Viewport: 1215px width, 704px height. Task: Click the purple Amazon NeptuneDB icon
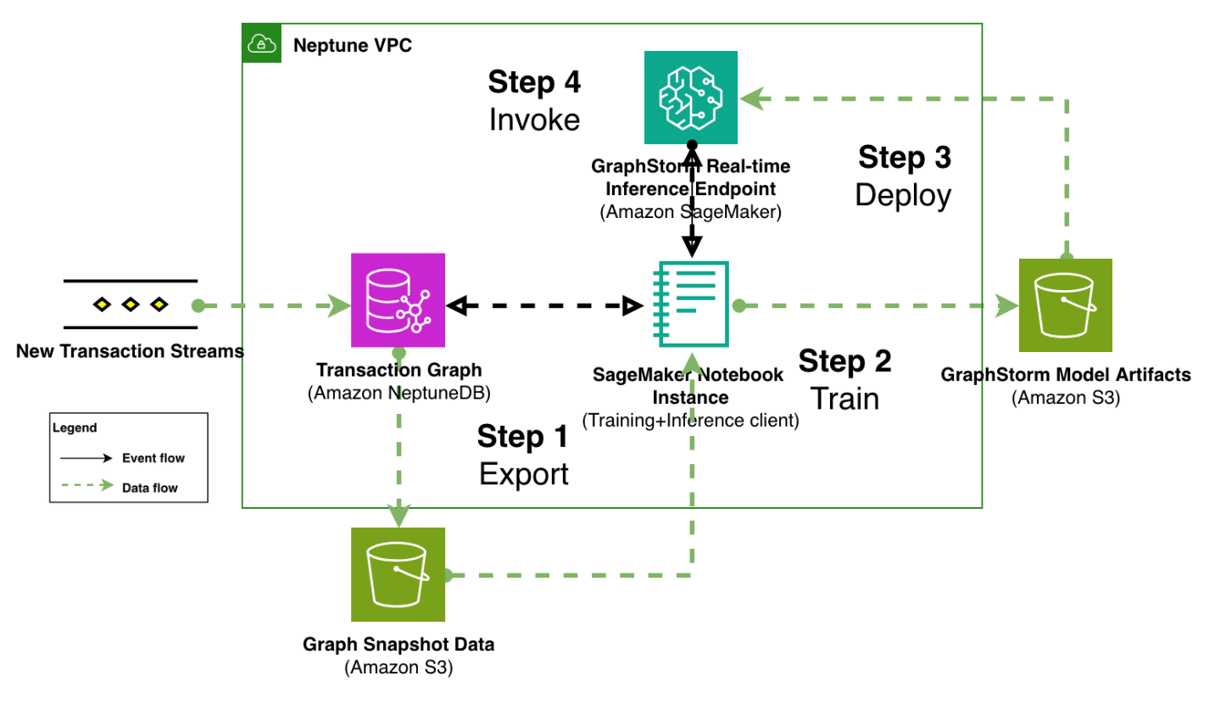click(x=398, y=300)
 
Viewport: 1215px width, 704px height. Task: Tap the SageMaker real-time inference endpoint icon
click(x=691, y=98)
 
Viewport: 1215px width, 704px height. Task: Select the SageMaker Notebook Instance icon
click(x=691, y=303)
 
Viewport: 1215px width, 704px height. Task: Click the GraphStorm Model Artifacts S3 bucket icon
click(x=1066, y=305)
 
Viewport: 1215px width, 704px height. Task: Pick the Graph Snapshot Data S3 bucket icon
click(x=398, y=574)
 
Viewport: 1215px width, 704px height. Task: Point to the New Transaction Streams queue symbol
click(x=130, y=304)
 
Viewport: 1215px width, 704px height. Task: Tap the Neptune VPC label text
click(x=352, y=46)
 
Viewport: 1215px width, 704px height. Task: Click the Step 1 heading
click(x=522, y=437)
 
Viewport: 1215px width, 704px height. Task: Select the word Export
click(x=523, y=474)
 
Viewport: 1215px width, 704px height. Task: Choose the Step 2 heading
click(x=844, y=361)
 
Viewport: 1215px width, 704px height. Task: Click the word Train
click(x=844, y=398)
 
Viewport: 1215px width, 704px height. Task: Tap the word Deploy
click(x=903, y=195)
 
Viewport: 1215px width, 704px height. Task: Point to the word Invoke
click(x=534, y=120)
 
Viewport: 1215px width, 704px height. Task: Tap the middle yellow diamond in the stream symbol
click(x=130, y=304)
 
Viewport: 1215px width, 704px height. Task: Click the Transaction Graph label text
click(x=398, y=370)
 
